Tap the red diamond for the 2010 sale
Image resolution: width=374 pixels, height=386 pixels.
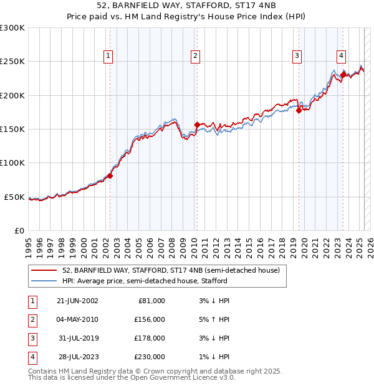(x=197, y=125)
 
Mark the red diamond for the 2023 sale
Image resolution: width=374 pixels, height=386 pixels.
(x=343, y=75)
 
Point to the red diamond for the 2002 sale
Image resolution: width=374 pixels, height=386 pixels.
(x=110, y=176)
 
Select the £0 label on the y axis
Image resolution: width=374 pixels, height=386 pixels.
(x=19, y=230)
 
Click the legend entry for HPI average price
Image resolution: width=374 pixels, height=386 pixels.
(x=145, y=281)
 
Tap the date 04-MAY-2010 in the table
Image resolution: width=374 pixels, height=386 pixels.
(x=77, y=319)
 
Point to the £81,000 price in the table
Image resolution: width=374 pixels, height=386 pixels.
(x=151, y=301)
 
